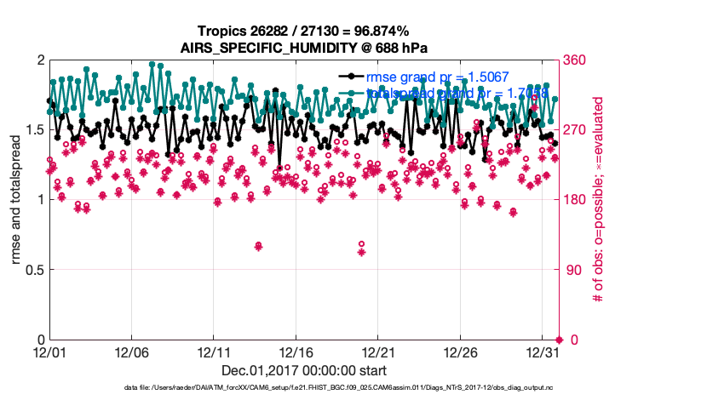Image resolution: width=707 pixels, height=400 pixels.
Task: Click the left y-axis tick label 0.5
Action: tap(32, 270)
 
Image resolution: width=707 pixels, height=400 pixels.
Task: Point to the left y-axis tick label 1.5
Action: tap(32, 130)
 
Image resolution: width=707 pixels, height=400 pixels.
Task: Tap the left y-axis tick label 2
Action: tap(39, 60)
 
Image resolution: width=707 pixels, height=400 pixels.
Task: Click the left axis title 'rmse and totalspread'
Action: tap(16, 200)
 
